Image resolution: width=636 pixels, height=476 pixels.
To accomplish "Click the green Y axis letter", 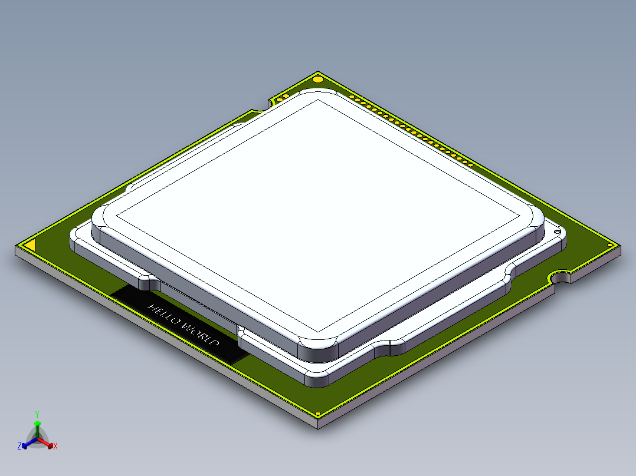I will (x=37, y=414).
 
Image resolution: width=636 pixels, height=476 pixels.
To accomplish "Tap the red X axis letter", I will (x=55, y=447).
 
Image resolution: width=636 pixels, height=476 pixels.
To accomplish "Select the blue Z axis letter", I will (x=19, y=447).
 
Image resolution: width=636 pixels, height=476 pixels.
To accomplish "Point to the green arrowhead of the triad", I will (x=37, y=424).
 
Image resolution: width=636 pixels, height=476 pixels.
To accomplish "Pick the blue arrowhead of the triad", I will (x=25, y=445).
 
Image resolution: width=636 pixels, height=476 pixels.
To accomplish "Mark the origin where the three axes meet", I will (x=37, y=439).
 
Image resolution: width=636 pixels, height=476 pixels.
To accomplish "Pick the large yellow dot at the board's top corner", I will (x=317, y=79).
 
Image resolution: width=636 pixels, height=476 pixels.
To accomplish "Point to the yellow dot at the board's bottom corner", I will (x=319, y=414).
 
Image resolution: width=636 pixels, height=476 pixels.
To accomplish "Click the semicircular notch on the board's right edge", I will (x=562, y=276).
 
